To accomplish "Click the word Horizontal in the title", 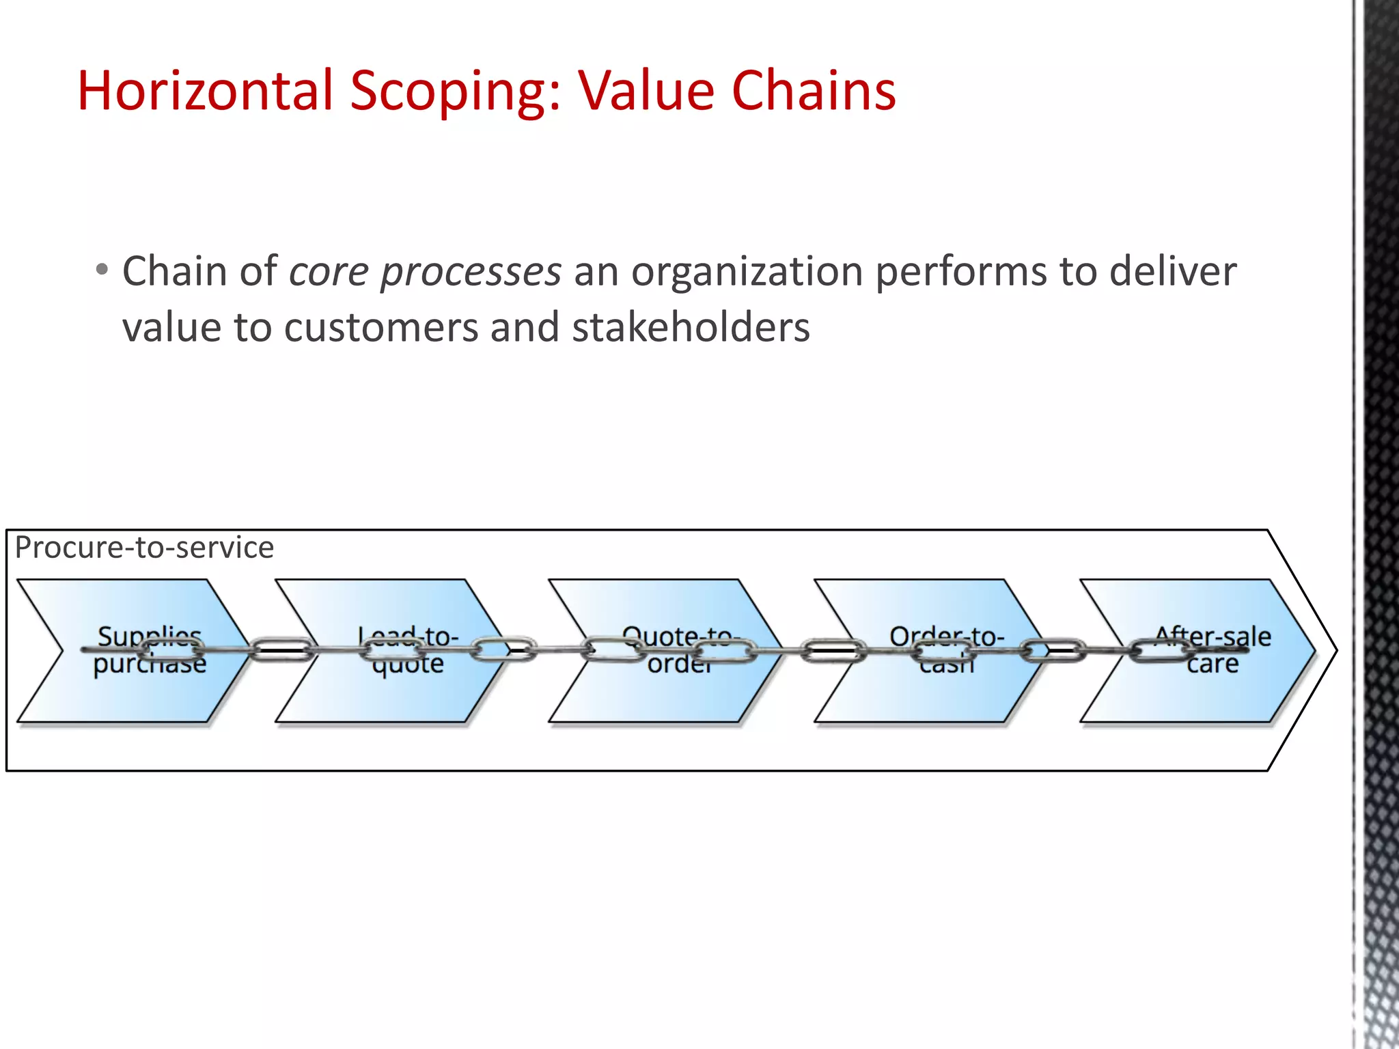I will (x=205, y=91).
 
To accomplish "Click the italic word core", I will (x=329, y=272).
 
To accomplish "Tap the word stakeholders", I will (x=691, y=328).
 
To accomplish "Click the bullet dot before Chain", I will (x=102, y=269).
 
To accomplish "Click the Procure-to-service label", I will (x=144, y=548).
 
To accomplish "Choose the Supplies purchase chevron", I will (x=137, y=690).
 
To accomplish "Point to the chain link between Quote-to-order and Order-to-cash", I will (x=833, y=651).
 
